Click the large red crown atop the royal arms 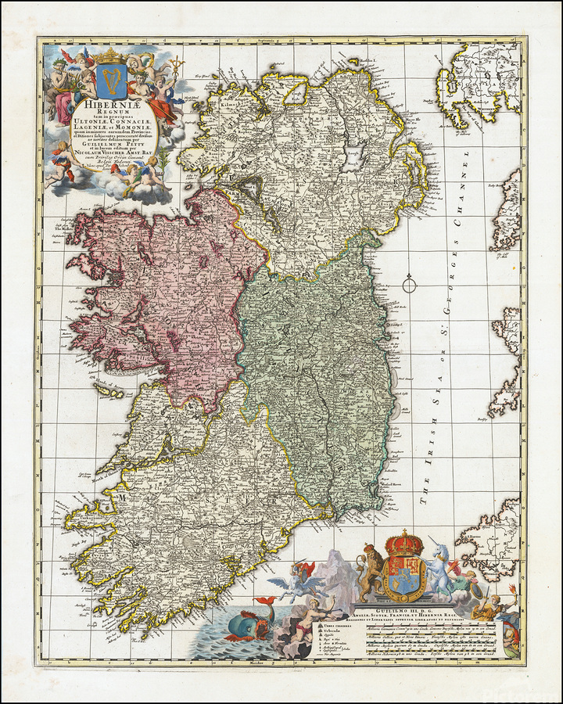404,542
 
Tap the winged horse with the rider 299,580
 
